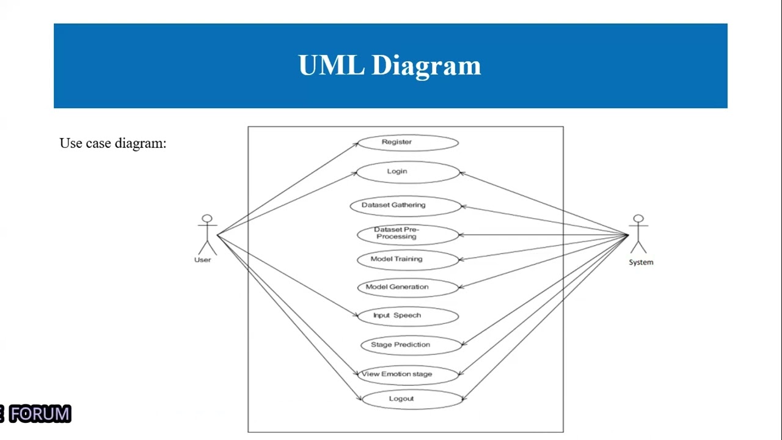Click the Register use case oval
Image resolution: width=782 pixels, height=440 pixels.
tap(407, 142)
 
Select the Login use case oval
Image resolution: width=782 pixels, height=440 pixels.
tap(407, 172)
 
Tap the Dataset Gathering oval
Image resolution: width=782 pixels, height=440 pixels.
tap(406, 205)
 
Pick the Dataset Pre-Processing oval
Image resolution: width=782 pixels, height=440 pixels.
tap(407, 234)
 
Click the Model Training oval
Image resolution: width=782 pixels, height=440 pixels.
tap(407, 259)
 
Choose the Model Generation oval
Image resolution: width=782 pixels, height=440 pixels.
tap(407, 287)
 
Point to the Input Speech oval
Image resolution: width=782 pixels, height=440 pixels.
tap(407, 316)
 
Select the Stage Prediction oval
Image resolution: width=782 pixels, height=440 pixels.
tap(411, 345)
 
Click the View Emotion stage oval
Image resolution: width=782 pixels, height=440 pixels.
tap(407, 375)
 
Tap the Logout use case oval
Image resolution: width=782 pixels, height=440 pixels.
tap(412, 399)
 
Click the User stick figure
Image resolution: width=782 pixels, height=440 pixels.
tap(207, 235)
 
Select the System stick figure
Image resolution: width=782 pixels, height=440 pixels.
tap(638, 235)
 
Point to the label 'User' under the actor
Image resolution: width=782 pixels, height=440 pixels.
tap(202, 260)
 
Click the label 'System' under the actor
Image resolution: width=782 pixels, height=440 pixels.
tap(641, 262)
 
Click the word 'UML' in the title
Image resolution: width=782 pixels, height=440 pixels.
tap(331, 65)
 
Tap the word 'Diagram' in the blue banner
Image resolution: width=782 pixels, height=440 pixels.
tap(426, 65)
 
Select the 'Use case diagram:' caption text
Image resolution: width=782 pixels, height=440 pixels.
tap(113, 143)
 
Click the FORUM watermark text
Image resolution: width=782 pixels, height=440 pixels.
tap(40, 414)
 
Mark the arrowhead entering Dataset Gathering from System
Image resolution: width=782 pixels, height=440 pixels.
tap(464, 207)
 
